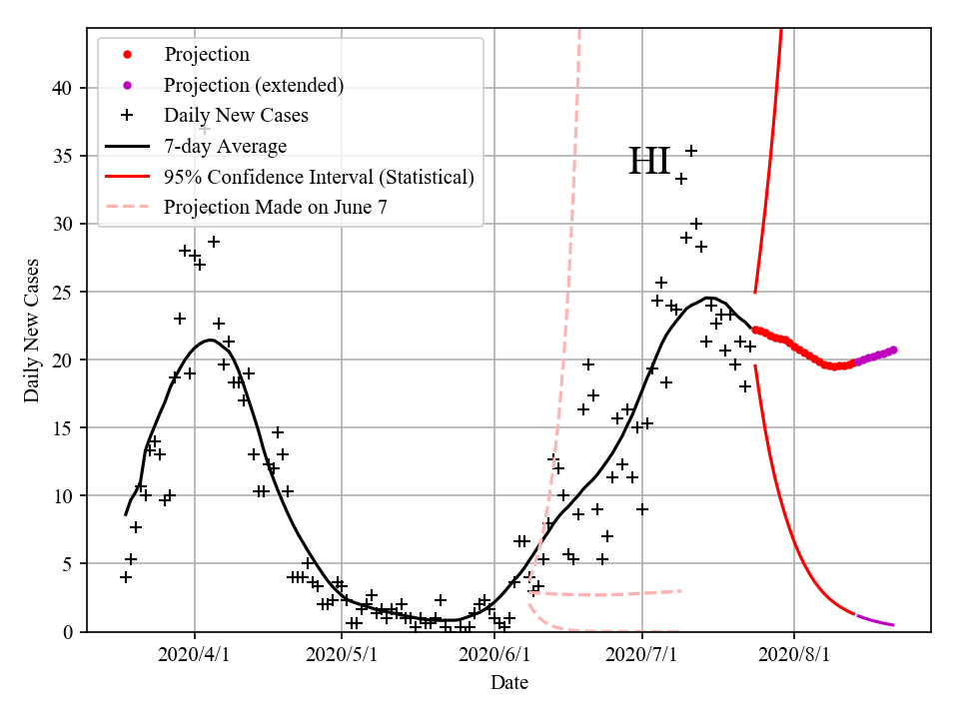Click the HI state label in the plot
649,162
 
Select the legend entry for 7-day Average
225,146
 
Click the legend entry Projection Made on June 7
275,208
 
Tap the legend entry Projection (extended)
254,85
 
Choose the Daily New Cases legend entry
236,115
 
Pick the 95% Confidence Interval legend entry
319,177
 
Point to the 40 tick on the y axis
62,88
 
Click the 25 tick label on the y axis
62,292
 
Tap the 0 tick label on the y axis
67,631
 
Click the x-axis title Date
509,683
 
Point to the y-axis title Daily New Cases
32,332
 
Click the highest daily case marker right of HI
690,151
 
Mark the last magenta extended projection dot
893,350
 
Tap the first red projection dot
755,330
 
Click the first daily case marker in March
126,577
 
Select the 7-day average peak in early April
209,341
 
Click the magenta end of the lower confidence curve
893,625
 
